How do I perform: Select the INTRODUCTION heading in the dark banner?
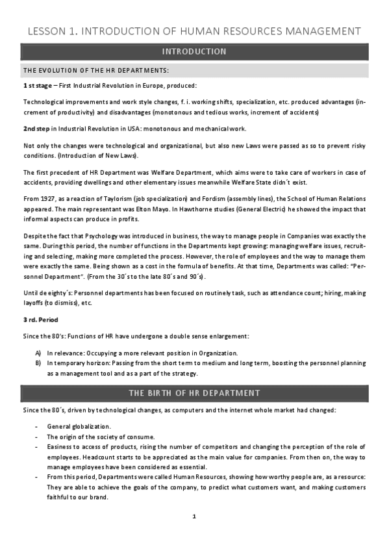tap(194, 51)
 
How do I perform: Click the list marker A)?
tap(38, 353)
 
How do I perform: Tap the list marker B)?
tap(38, 363)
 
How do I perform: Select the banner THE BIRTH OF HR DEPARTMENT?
tap(194, 393)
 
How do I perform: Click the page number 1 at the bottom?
tap(194, 517)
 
